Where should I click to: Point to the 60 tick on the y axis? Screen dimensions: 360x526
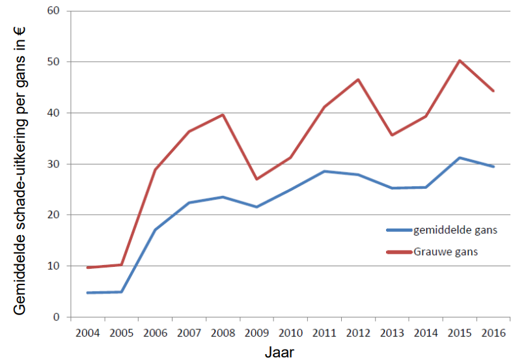click(53, 11)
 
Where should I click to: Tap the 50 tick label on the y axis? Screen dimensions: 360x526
click(53, 62)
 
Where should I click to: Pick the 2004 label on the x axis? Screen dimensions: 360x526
click(87, 333)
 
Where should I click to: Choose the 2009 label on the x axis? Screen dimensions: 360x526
click(256, 333)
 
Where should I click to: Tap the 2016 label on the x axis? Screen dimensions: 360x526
click(493, 333)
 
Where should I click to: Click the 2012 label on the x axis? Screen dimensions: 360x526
click(358, 333)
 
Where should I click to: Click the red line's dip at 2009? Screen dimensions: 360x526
click(256, 179)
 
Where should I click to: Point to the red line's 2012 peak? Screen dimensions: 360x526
click(358, 79)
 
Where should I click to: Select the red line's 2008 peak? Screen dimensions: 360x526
click(223, 115)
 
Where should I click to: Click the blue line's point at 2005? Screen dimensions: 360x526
click(121, 292)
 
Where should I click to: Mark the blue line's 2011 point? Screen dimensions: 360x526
click(324, 171)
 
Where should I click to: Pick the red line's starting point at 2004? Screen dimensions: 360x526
click(87, 268)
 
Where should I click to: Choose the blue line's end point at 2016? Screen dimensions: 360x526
click(493, 167)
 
